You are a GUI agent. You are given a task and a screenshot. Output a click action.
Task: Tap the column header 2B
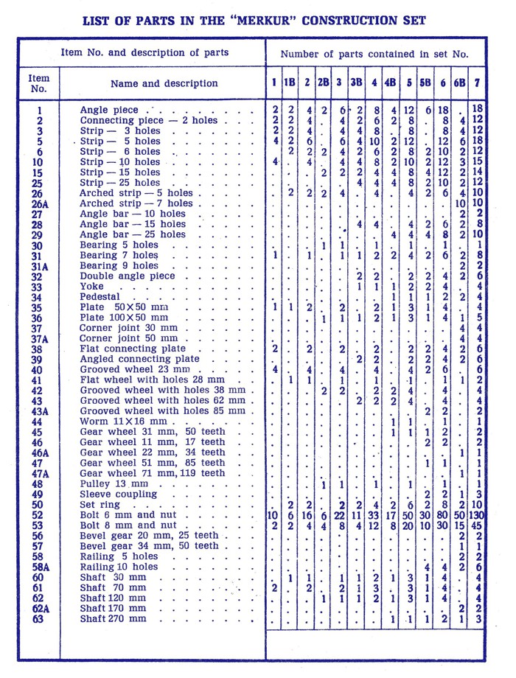pos(324,83)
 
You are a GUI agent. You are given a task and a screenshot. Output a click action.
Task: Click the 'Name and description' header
pos(164,83)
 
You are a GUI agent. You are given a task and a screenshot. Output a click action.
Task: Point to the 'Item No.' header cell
pos(38,83)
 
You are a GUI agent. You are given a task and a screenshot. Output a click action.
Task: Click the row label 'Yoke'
pos(91,287)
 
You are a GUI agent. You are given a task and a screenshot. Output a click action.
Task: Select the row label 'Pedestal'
pos(101,297)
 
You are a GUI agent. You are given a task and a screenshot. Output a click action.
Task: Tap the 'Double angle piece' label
pos(128,276)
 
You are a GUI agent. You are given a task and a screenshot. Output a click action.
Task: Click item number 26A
pos(40,203)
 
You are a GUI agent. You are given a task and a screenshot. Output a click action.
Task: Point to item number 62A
pos(40,609)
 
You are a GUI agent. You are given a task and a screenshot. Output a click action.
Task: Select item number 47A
pos(40,473)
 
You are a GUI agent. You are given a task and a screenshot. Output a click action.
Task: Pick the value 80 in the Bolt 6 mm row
pos(443,514)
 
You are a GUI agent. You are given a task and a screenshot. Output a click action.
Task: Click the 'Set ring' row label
pos(101,504)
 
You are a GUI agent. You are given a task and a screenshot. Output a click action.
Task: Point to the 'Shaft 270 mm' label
pos(114,619)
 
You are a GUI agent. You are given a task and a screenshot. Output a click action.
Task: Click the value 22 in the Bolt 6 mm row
pos(340,514)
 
